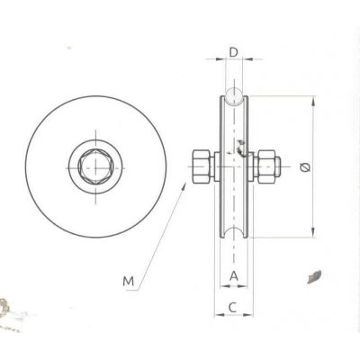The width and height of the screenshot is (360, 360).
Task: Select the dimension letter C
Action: [x=233, y=306]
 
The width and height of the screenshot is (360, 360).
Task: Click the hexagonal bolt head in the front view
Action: [x=93, y=165]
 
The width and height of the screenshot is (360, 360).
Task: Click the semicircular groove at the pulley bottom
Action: [x=233, y=238]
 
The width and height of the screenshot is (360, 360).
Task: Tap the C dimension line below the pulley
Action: [x=233, y=316]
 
